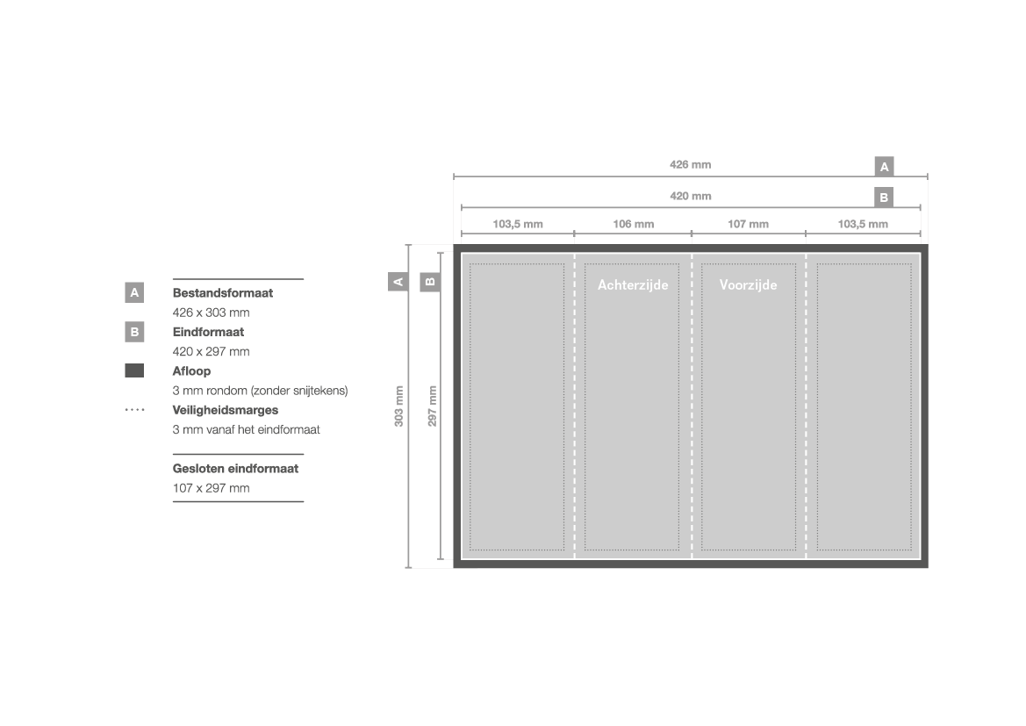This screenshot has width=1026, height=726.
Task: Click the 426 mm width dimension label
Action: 691,165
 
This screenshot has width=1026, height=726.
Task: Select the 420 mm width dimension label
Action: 691,196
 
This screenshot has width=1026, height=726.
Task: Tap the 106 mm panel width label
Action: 634,224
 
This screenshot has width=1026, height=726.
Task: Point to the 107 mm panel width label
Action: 748,224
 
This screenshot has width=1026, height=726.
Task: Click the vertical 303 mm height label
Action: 398,406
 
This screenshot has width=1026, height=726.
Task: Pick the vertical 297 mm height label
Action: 432,406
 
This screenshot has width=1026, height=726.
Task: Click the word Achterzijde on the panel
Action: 633,284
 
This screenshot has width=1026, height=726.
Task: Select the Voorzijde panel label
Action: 748,284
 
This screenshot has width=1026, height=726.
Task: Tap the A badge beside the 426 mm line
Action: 884,166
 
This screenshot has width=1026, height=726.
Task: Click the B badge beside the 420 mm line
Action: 884,197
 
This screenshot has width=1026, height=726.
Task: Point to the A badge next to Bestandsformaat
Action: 134,292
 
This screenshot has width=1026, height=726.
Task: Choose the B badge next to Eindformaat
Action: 134,332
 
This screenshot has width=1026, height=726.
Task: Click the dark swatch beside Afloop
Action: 134,370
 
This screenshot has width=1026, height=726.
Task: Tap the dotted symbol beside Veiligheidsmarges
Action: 134,410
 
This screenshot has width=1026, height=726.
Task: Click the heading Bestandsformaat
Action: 222,293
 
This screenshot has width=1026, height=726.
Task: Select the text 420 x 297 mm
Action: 211,351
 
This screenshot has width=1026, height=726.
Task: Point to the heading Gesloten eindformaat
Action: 235,469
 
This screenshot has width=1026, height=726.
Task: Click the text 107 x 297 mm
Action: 211,488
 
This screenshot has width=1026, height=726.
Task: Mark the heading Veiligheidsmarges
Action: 225,411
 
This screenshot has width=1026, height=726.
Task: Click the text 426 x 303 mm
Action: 211,313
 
